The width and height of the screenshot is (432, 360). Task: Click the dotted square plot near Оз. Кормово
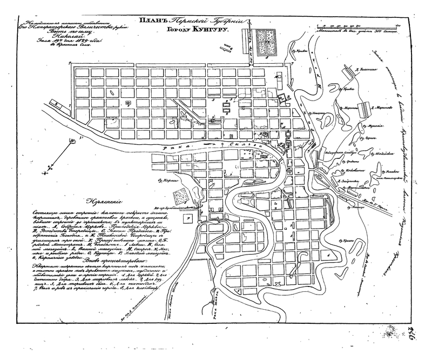(x=180, y=195)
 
